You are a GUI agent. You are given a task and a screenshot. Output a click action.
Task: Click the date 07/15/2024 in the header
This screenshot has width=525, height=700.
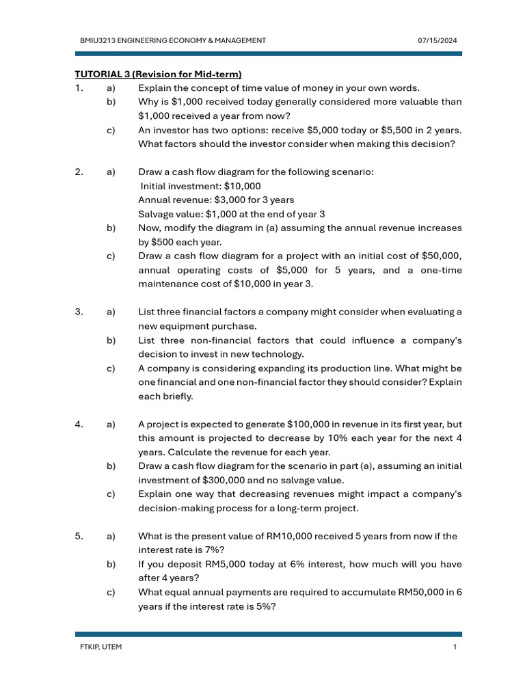coord(437,41)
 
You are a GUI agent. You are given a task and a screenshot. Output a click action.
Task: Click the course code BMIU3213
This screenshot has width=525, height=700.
coord(98,41)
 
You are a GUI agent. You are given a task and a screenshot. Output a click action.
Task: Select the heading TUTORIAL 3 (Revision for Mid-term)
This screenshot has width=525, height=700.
coord(158,74)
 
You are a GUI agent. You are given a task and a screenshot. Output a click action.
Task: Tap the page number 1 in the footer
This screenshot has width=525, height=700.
coord(454,647)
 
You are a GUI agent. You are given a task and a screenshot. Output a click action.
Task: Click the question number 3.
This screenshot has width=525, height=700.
coord(80,312)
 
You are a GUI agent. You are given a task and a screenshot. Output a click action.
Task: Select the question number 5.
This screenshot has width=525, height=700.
coord(80,536)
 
